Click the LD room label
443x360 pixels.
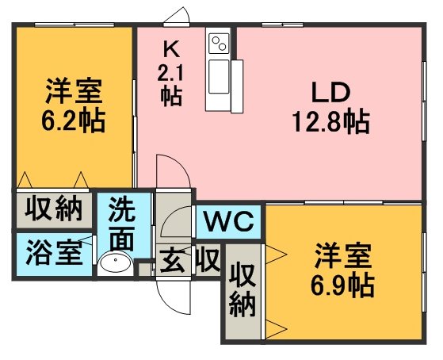click(330, 92)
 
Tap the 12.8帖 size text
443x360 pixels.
click(330, 122)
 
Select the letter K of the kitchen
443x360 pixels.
click(171, 49)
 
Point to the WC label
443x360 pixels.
click(229, 221)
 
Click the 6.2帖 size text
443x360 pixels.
click(73, 121)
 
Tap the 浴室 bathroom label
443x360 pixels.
click(54, 254)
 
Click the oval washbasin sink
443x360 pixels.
click(115, 262)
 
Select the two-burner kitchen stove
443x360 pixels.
click(219, 43)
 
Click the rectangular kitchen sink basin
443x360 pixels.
click(219, 76)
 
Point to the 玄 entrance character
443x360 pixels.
click(172, 261)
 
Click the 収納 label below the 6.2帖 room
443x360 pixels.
click(54, 209)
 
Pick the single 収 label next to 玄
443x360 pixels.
click(208, 259)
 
